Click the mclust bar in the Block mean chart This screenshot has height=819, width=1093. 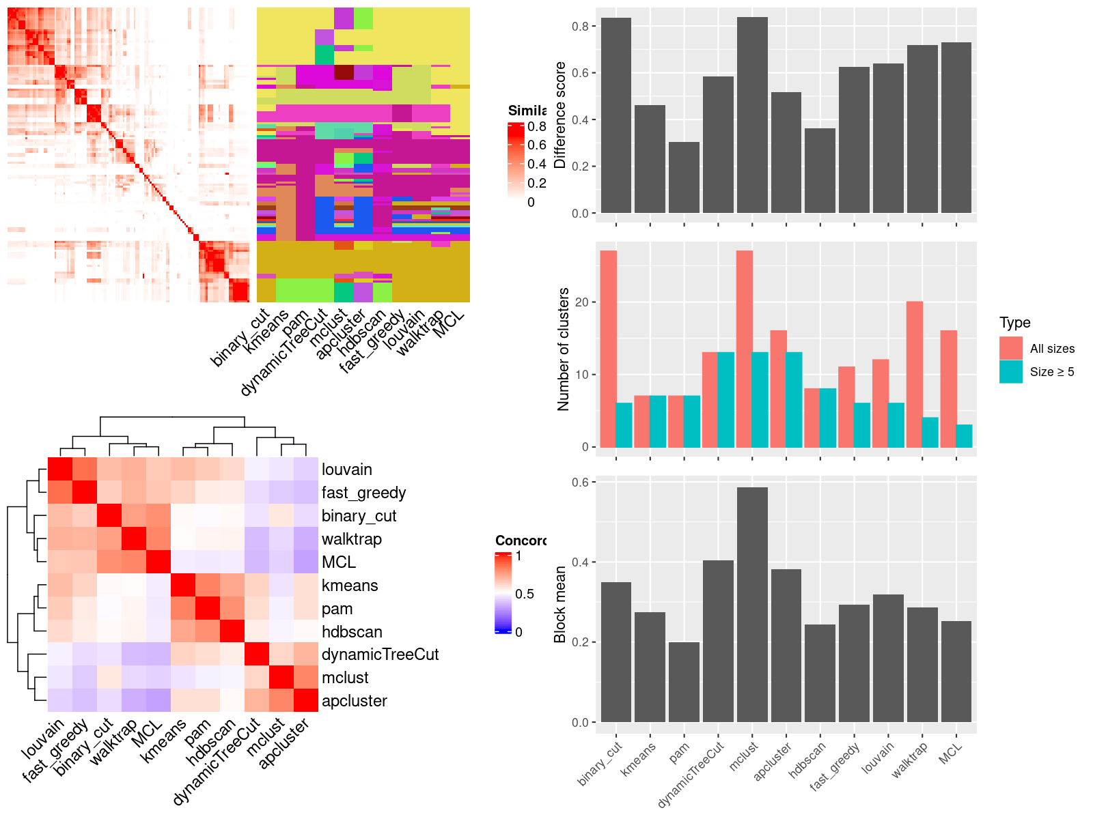point(752,604)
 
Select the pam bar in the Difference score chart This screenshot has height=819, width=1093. point(684,177)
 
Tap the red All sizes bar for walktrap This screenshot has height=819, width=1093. point(915,374)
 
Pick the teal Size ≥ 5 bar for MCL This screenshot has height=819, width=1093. point(964,436)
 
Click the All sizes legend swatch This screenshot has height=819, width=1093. point(1011,348)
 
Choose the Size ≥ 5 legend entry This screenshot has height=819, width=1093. point(1051,372)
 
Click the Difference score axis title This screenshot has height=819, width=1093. point(561,115)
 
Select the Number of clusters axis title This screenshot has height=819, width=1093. point(564,349)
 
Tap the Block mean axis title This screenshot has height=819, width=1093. point(561,604)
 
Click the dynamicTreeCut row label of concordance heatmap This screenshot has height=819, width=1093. point(380,655)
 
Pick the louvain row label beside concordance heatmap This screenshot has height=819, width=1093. point(347,470)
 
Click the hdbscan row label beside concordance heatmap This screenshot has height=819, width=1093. point(352,632)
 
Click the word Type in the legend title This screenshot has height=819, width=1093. point(1014,323)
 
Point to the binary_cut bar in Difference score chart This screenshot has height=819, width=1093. point(616,115)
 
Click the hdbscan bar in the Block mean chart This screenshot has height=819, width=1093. point(820,673)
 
